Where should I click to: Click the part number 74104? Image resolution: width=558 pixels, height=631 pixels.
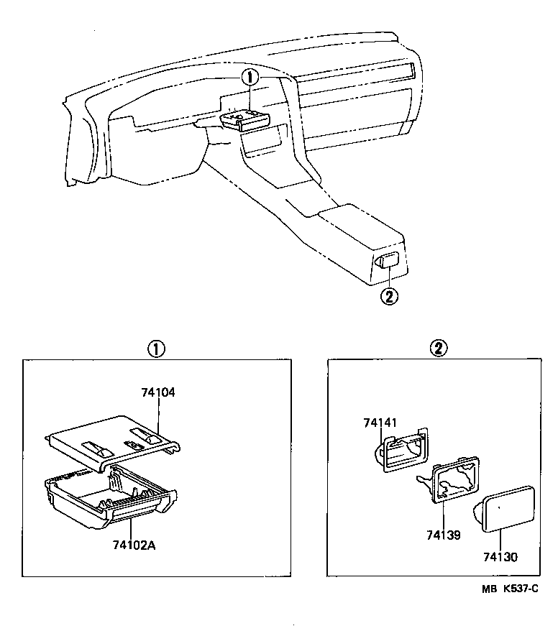pyautogui.click(x=158, y=393)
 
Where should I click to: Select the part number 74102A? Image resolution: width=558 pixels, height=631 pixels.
pyautogui.click(x=133, y=545)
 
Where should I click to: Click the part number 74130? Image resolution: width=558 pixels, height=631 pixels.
pyautogui.click(x=500, y=557)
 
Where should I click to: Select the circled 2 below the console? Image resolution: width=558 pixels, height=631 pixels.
pyautogui.click(x=388, y=295)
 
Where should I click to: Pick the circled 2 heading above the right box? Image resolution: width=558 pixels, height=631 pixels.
pyautogui.click(x=438, y=349)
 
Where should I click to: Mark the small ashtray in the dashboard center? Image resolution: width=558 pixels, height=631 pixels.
pyautogui.click(x=245, y=119)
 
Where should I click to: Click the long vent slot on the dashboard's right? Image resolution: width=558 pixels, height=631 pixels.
pyautogui.click(x=360, y=74)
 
